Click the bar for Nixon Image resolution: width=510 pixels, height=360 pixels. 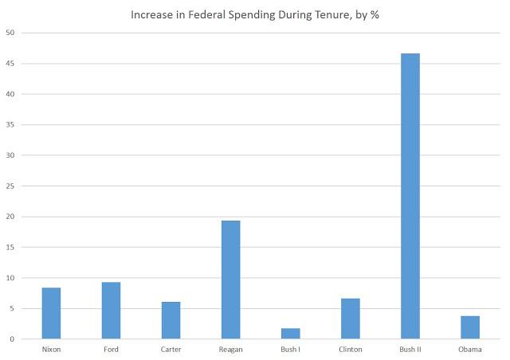tap(51, 313)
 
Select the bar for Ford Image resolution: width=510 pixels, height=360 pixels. tap(111, 311)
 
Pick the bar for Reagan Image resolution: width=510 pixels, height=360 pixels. tap(230, 280)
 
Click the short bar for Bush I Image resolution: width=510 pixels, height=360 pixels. tap(290, 334)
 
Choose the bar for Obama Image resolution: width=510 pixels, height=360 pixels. tap(469, 327)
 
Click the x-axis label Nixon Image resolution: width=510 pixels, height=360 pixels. tap(51, 349)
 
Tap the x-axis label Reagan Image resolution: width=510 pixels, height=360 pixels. tap(230, 349)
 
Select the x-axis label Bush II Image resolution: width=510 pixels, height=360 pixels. tap(410, 349)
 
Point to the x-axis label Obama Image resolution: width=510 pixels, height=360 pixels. tap(469, 349)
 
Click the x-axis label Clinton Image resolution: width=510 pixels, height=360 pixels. tap(350, 349)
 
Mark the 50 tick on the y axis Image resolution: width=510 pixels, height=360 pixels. tap(10, 33)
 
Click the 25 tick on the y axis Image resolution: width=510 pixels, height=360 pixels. tap(10, 186)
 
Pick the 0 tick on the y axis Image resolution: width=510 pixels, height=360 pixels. tap(12, 339)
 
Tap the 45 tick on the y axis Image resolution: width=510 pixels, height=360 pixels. tap(10, 64)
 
